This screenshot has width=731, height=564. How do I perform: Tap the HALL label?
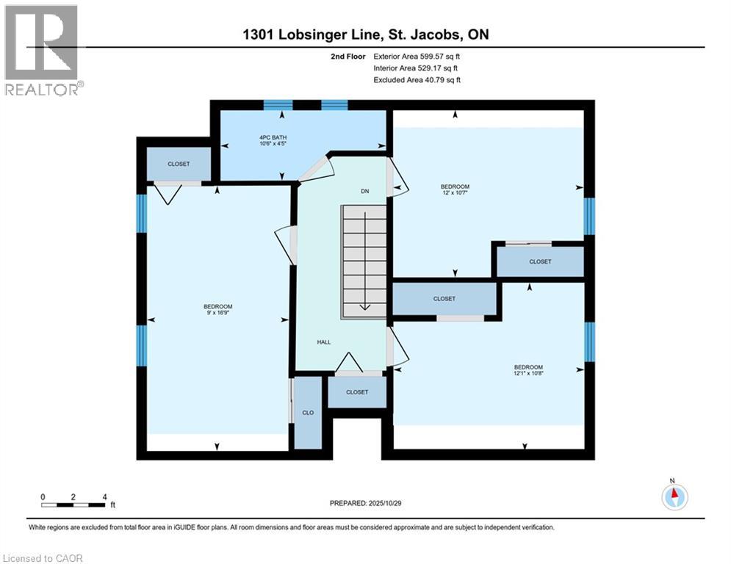click(324, 342)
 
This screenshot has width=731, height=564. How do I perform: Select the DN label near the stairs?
click(364, 192)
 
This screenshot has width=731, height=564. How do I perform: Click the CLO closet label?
click(308, 413)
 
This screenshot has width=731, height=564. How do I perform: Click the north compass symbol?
click(674, 496)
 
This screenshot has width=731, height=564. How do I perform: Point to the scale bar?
click(73, 505)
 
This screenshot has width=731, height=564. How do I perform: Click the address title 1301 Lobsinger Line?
click(364, 35)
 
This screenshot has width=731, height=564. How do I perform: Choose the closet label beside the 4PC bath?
click(179, 164)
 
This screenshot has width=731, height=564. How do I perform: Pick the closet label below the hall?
click(357, 392)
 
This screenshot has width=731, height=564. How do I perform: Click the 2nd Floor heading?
click(348, 56)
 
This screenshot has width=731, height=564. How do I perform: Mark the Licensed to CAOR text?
click(43, 558)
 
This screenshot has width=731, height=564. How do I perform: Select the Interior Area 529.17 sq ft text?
click(416, 68)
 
